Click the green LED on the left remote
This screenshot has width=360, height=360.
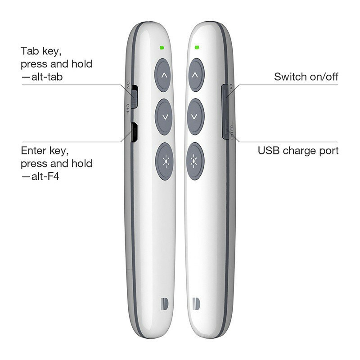point(162,48)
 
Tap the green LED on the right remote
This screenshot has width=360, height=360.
point(197,48)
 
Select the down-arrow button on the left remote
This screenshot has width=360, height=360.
point(164,117)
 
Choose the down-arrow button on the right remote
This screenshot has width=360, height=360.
point(195,117)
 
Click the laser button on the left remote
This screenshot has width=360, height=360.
point(165,161)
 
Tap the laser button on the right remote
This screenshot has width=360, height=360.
point(195,161)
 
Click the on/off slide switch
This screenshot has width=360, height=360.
point(134,97)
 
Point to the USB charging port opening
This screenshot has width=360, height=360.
point(134,132)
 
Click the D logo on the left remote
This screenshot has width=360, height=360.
point(164,305)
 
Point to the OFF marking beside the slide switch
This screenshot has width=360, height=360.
point(128,109)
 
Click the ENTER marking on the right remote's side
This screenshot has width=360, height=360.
point(232,132)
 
